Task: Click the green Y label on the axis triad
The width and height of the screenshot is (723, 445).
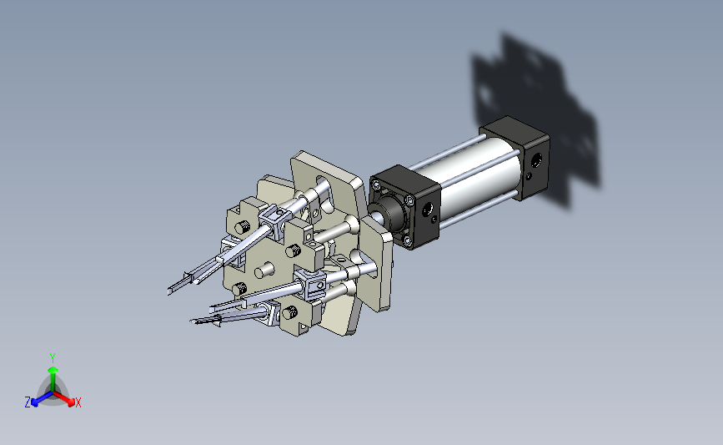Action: click(x=53, y=358)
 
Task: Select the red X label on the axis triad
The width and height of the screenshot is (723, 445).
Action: click(x=78, y=402)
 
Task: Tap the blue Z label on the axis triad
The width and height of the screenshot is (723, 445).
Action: click(x=28, y=402)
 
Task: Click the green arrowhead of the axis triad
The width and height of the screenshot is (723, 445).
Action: click(x=53, y=370)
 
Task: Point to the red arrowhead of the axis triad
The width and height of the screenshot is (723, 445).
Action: click(x=71, y=402)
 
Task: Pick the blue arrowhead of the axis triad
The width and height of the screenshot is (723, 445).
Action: click(x=34, y=402)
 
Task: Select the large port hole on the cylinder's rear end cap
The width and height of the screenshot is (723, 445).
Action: click(x=537, y=161)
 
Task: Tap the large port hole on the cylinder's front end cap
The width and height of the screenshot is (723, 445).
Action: click(x=427, y=210)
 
